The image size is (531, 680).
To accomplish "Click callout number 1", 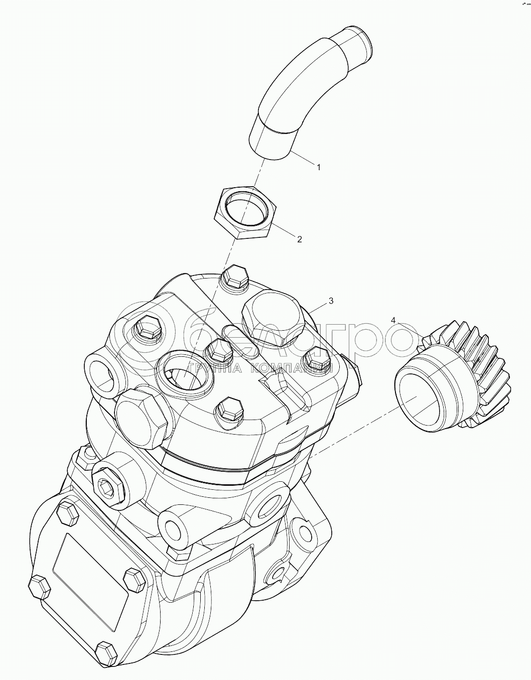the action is point(319,168).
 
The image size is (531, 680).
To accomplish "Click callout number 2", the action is point(300,239).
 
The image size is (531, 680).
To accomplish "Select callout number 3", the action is point(330,301).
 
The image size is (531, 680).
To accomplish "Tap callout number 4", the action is point(393,320).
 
